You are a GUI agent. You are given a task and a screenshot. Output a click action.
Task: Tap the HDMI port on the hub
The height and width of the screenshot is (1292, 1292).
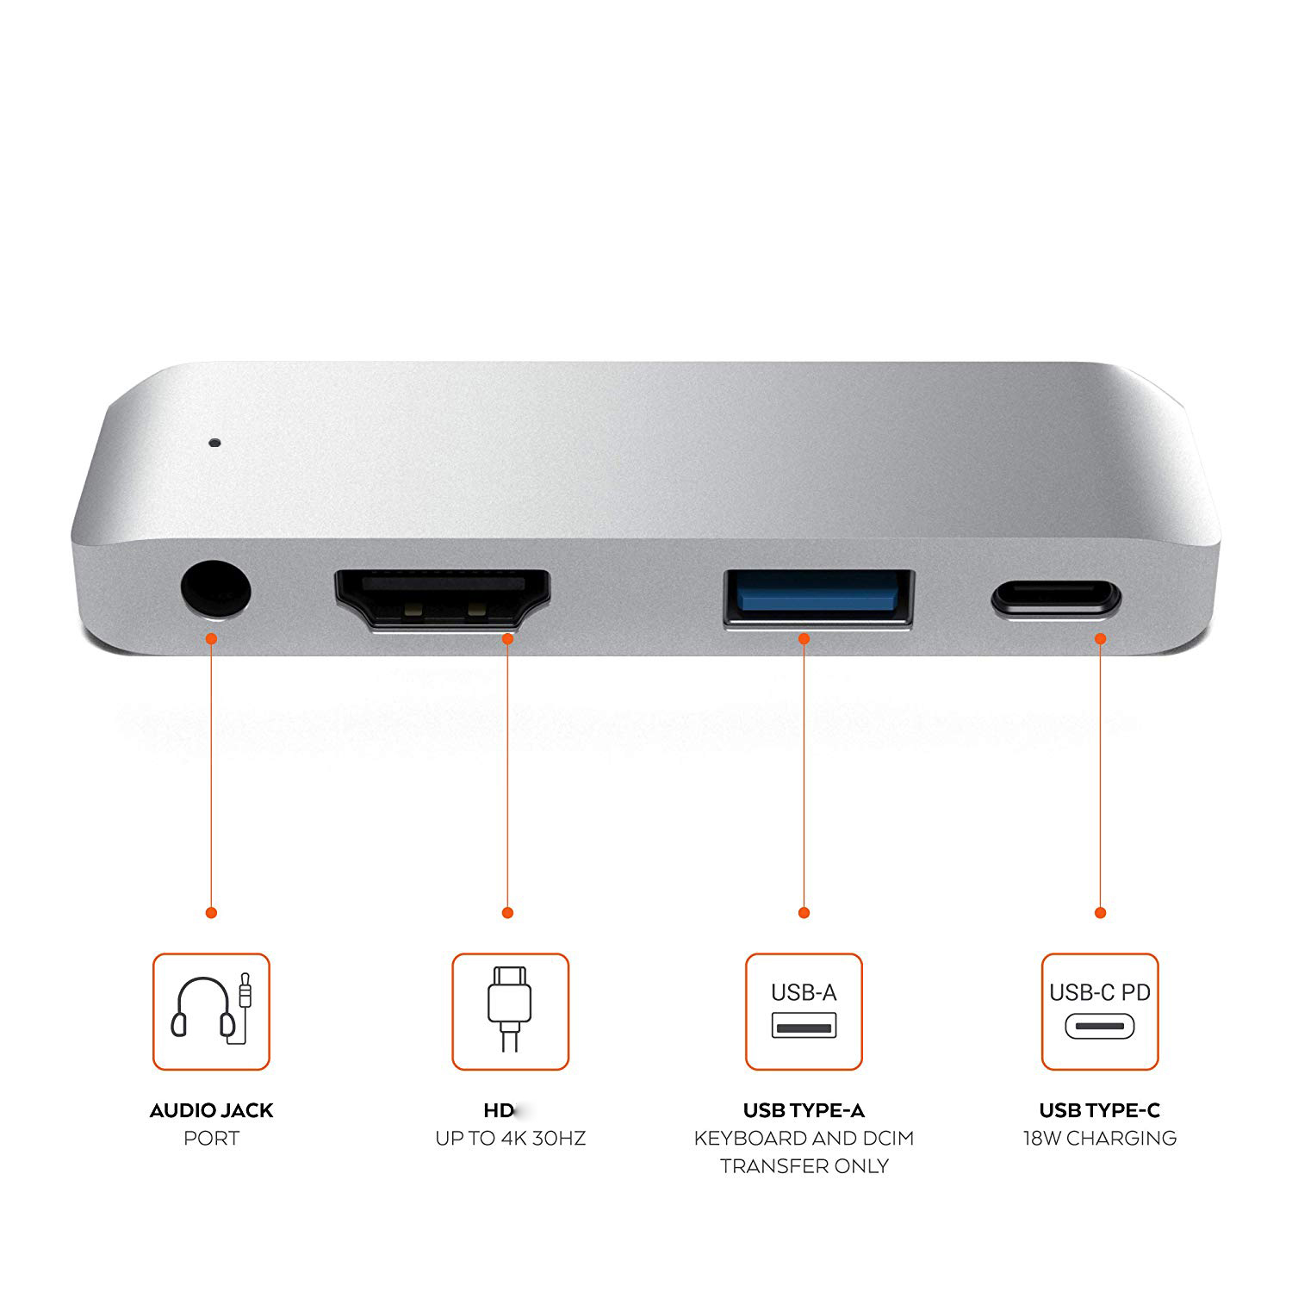click(443, 599)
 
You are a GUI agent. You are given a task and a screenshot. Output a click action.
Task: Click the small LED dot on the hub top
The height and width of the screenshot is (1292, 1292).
click(214, 444)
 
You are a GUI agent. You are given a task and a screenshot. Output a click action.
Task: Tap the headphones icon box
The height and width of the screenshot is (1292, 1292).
click(211, 1011)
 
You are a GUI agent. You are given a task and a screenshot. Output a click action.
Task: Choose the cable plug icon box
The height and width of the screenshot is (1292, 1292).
click(510, 1011)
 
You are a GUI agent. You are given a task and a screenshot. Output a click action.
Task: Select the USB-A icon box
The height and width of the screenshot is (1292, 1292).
click(804, 1011)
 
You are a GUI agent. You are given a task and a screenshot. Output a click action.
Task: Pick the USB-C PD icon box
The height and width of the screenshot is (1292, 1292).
click(1100, 1011)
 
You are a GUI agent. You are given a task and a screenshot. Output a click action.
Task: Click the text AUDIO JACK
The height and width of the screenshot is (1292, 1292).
click(211, 1110)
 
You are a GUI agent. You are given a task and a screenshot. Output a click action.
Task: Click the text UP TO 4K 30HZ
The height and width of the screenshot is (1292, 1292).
click(510, 1139)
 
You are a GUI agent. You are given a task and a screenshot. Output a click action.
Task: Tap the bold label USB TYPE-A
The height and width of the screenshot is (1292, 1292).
click(804, 1110)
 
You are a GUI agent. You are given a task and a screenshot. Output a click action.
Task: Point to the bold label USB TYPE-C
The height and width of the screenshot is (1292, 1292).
click(1100, 1110)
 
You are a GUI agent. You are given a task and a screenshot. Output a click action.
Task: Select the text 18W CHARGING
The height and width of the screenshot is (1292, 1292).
click(1100, 1139)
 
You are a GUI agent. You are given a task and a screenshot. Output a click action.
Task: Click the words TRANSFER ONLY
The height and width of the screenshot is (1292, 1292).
click(804, 1166)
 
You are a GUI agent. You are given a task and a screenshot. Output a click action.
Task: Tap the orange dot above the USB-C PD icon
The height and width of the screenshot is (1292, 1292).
click(1100, 912)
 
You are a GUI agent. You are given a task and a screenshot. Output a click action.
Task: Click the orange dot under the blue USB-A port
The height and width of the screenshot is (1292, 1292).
click(804, 638)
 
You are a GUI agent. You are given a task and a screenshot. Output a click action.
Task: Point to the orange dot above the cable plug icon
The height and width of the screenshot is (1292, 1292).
click(507, 912)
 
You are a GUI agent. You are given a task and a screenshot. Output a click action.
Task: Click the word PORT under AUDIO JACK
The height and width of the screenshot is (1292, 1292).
click(211, 1139)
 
